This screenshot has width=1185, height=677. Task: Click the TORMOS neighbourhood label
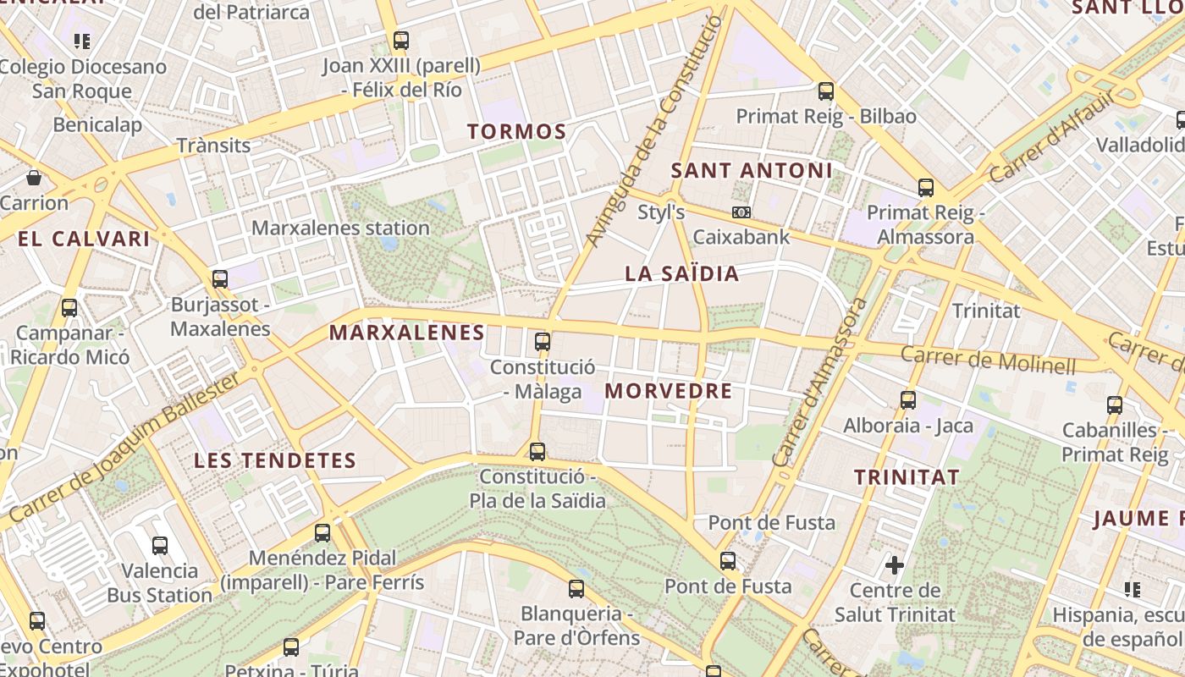(x=516, y=131)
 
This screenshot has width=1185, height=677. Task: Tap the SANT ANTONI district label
(x=752, y=170)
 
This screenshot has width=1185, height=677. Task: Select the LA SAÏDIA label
(x=681, y=273)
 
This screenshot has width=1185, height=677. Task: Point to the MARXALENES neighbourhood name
(x=407, y=333)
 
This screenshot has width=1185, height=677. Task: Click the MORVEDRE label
(x=669, y=391)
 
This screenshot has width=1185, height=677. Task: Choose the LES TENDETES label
(x=275, y=460)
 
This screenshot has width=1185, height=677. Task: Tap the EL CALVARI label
(x=84, y=239)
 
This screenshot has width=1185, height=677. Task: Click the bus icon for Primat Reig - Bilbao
(x=826, y=91)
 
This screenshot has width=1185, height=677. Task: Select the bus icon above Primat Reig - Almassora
(x=926, y=188)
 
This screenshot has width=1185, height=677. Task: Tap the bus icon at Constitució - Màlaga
(x=543, y=342)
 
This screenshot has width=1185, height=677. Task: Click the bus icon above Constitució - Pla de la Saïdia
(x=537, y=451)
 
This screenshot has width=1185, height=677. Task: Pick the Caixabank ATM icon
(x=741, y=212)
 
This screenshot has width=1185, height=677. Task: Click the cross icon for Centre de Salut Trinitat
(x=895, y=564)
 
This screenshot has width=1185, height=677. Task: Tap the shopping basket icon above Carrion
(x=34, y=178)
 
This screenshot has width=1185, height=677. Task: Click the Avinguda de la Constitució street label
(x=657, y=131)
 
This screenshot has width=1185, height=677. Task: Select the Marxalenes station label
(x=340, y=228)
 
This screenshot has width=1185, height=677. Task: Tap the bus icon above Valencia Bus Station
(x=159, y=546)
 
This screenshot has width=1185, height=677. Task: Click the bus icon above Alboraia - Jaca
(x=908, y=400)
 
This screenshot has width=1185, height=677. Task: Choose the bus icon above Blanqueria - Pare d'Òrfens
(x=576, y=588)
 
